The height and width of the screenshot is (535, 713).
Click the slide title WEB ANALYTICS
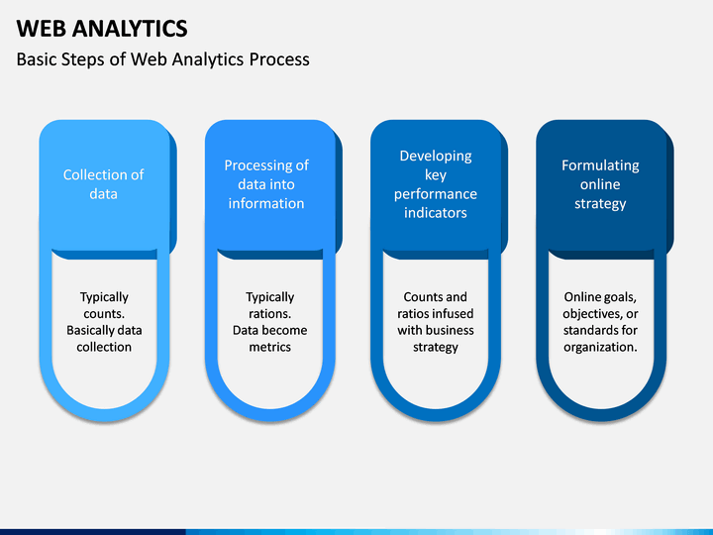coord(102,28)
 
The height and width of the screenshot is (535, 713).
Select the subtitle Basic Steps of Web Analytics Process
coord(162,59)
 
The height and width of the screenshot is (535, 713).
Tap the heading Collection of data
coord(104,184)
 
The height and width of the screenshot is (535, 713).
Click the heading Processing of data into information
coord(266,184)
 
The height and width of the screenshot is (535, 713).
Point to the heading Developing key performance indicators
coord(436,184)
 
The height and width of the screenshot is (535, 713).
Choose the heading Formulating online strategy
coord(600,184)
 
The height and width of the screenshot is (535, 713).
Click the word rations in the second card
coord(269,314)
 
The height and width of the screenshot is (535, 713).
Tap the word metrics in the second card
coord(270,347)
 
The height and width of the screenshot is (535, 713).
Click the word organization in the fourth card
coord(599,348)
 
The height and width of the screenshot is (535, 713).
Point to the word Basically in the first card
coord(88,331)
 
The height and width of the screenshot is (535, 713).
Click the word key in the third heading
coord(436,175)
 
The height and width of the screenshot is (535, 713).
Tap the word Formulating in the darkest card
coord(600,165)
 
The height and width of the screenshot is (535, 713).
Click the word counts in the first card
coord(103,314)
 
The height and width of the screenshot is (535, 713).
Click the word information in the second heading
coord(266,203)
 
